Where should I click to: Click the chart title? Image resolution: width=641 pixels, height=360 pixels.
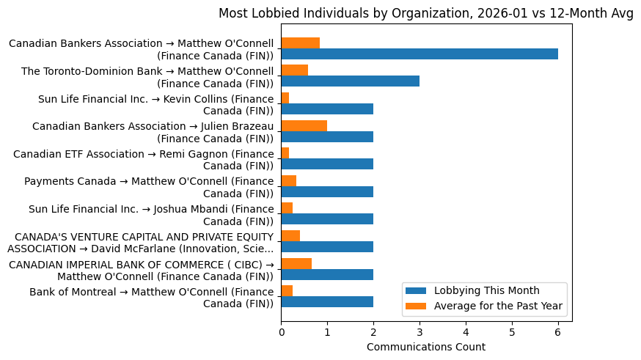coord(426,15)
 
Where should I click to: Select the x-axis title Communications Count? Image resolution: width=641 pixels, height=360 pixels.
coord(426,347)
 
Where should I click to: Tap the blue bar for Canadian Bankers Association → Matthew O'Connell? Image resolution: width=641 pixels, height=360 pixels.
coord(419,54)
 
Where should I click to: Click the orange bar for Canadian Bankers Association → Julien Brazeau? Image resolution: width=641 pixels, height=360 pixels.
coord(304,125)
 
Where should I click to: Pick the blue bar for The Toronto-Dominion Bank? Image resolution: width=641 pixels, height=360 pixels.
coord(350,81)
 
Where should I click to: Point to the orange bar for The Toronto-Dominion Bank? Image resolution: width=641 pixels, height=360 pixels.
coord(294,70)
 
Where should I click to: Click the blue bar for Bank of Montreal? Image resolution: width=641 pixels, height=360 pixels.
coord(327,302)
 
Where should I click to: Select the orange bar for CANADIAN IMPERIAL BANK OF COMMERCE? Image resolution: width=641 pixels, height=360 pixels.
coord(296,263)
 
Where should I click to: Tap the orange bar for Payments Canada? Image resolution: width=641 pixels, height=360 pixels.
coord(288,180)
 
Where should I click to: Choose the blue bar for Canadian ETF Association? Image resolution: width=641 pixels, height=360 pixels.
coord(327,164)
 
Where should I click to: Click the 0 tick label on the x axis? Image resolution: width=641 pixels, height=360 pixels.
coord(281,332)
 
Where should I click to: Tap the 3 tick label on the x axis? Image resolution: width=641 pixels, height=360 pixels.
coord(420,332)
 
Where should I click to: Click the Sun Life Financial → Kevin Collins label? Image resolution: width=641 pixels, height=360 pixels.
coord(155,104)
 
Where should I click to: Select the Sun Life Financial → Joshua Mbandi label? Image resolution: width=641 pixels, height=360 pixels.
coord(150,215)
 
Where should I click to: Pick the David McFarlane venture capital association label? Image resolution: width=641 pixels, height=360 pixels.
coord(144,242)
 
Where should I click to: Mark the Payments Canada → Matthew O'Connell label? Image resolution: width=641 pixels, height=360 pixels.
coord(148,187)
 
